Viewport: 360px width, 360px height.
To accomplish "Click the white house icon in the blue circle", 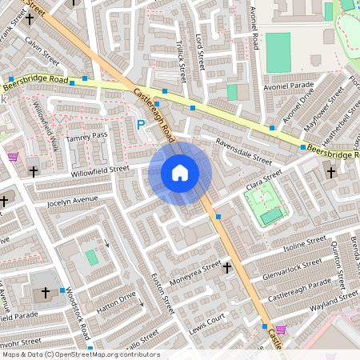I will tap(180, 172).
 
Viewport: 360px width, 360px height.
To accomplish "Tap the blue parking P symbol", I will tap(142, 125).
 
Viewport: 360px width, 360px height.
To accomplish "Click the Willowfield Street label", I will tap(99, 170).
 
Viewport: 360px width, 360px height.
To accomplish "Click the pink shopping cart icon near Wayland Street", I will tap(281, 329).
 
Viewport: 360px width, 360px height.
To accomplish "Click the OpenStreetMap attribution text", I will tap(80, 354).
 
